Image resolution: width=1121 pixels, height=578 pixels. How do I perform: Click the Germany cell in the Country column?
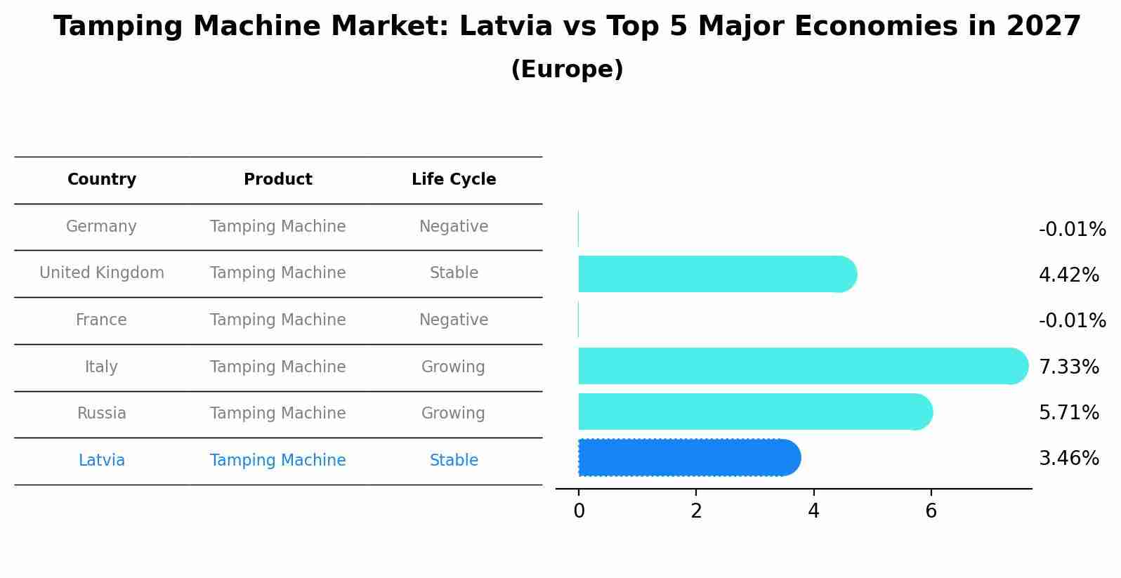click(x=101, y=227)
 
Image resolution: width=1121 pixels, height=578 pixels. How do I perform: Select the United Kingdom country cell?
click(x=101, y=273)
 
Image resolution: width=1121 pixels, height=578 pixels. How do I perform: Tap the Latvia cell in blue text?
click(x=101, y=461)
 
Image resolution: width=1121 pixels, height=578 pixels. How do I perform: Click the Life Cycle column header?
click(x=454, y=180)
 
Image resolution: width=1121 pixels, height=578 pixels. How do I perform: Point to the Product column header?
click(x=277, y=180)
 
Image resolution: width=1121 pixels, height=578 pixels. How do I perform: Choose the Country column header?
click(x=101, y=180)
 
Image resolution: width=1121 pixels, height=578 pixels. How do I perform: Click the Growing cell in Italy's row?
click(x=453, y=367)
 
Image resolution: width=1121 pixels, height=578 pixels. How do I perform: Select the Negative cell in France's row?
click(x=453, y=320)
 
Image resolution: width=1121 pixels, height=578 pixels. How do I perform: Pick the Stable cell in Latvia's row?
click(x=454, y=461)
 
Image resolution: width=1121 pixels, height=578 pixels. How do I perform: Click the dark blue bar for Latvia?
click(x=688, y=458)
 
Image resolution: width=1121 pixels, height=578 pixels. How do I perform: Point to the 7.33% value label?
click(x=1068, y=367)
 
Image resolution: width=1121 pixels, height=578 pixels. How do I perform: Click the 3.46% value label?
click(x=1068, y=459)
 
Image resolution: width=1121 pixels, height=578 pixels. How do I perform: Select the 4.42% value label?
click(x=1068, y=275)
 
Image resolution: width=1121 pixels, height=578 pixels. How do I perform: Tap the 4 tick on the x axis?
click(x=813, y=511)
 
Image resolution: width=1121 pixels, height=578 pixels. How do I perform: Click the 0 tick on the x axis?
click(x=579, y=511)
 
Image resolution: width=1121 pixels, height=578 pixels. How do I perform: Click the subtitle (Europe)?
click(x=567, y=70)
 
